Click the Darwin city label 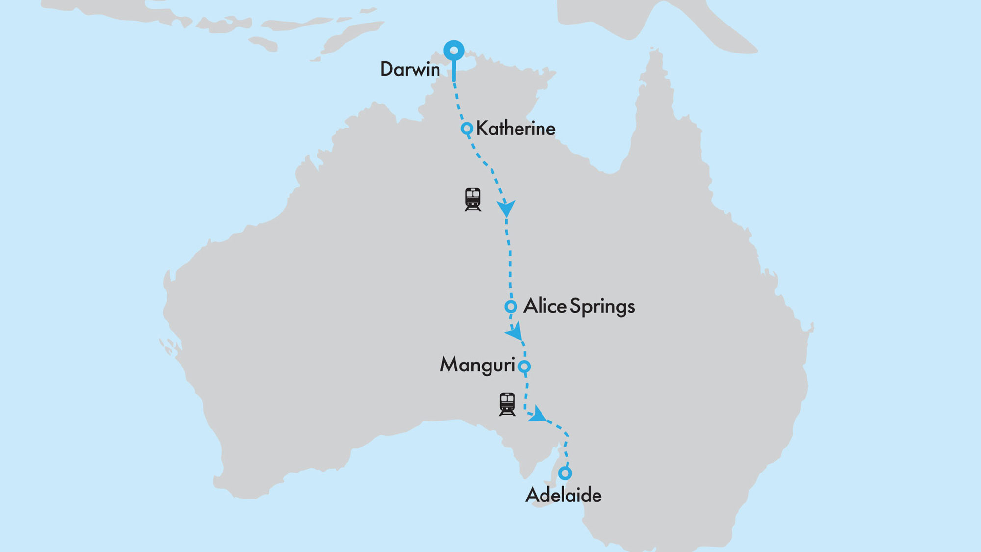(x=410, y=69)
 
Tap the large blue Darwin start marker (x=454, y=51)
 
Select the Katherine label (x=516, y=129)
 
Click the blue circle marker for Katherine (x=466, y=129)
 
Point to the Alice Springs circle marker (x=511, y=307)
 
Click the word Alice (x=544, y=306)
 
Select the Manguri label (x=477, y=366)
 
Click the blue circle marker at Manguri (x=524, y=366)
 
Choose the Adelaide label (x=563, y=495)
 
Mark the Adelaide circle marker (x=565, y=473)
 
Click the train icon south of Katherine (x=473, y=199)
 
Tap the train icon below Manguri (x=507, y=404)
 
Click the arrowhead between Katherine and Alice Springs (x=506, y=209)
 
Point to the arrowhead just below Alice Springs (x=515, y=333)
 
